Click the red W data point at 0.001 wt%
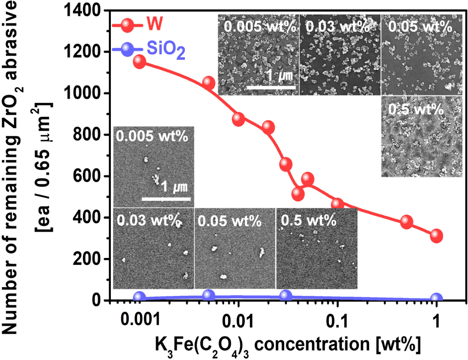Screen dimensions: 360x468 (x=139, y=62)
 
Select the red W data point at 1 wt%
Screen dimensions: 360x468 (x=437, y=235)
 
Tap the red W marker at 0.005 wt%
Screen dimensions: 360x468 (x=209, y=83)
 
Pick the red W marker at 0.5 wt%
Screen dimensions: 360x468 (x=407, y=222)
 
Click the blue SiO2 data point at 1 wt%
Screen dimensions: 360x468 (x=437, y=298)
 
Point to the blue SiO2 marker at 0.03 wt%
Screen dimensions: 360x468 (x=285, y=295)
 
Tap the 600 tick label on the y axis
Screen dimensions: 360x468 (x=88, y=176)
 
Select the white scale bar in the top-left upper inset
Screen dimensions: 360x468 (x=271, y=87)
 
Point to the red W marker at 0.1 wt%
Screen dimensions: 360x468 (x=337, y=205)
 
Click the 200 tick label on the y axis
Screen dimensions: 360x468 (x=88, y=259)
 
